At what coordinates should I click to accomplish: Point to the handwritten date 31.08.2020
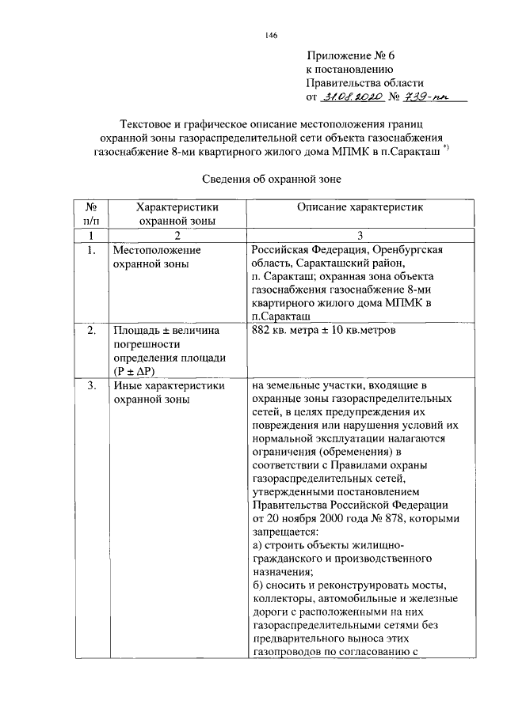tap(354, 97)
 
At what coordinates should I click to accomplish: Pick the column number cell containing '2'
tap(177, 236)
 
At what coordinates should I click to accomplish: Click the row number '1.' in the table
tap(92, 251)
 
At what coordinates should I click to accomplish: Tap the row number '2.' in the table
tap(92, 329)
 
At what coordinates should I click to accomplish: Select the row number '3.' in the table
tap(92, 386)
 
